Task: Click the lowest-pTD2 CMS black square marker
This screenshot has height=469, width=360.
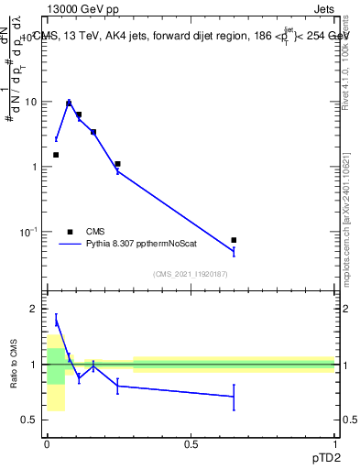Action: (56, 155)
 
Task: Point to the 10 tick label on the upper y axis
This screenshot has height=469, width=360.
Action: (31, 102)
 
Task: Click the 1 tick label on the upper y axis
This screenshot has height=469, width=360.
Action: (34, 167)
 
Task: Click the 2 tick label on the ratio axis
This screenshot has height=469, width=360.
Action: (34, 310)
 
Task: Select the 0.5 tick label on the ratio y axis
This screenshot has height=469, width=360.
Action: (29, 420)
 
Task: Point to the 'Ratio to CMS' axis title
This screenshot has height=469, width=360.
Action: (14, 365)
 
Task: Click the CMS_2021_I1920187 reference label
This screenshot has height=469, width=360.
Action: (191, 273)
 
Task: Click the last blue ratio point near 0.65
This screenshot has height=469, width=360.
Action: (234, 397)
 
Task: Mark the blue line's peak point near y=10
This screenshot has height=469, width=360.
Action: (69, 103)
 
